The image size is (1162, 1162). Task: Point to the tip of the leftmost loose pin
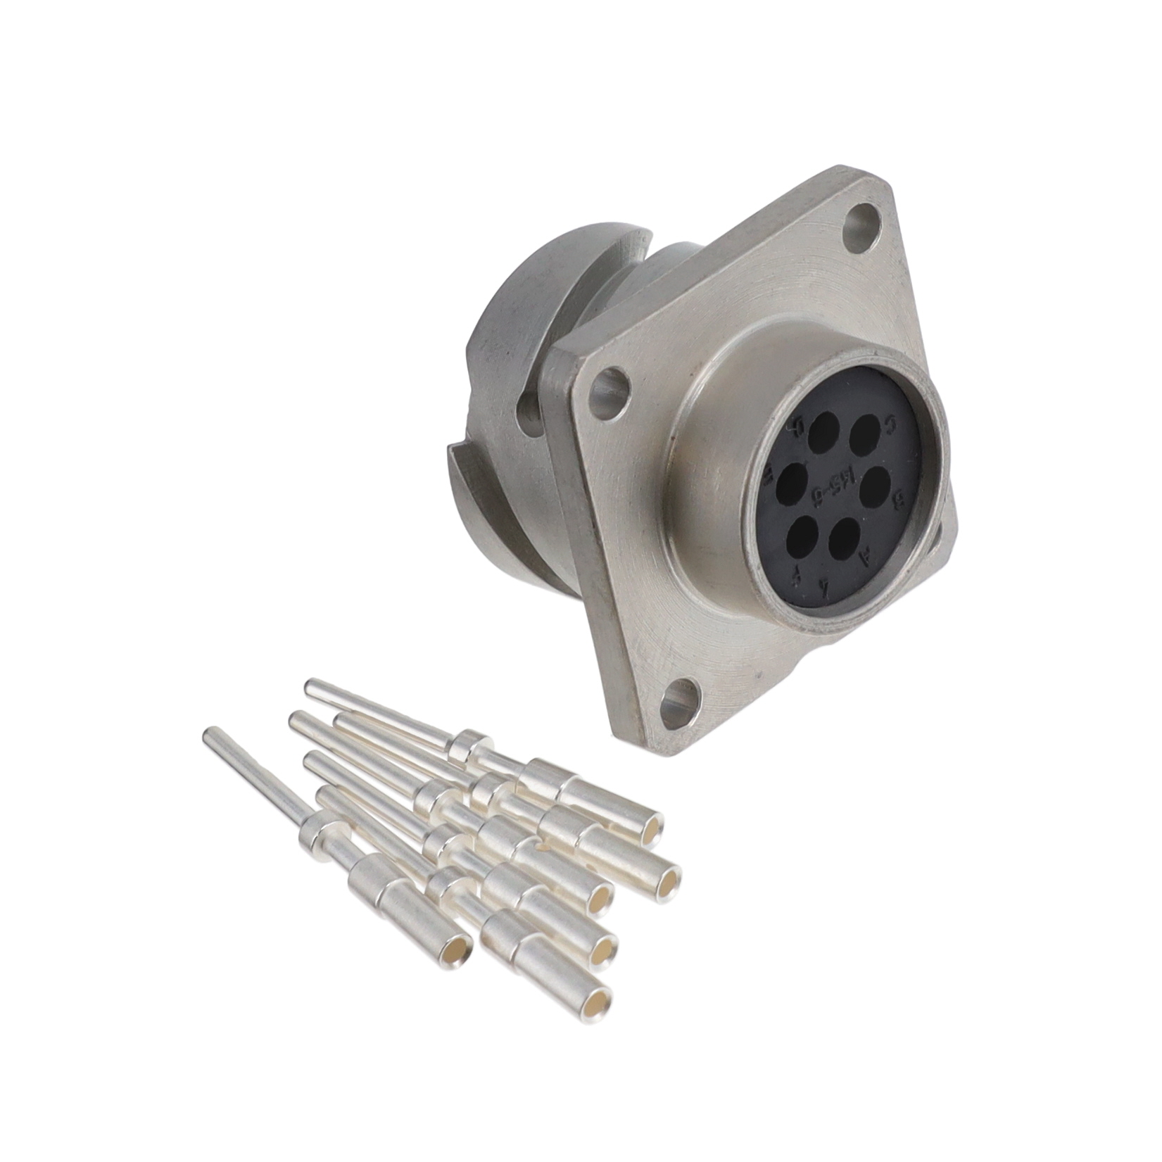tap(208, 733)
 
